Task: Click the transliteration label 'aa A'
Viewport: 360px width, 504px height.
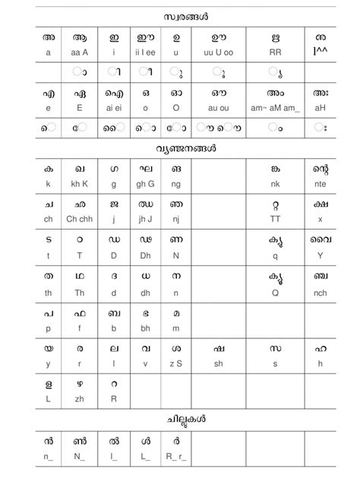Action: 80,52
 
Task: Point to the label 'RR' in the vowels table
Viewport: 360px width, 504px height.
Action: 274,52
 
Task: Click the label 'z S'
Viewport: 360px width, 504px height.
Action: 175,365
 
